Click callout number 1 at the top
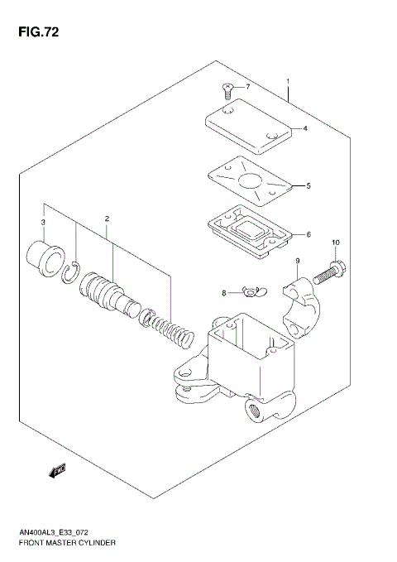coord(288,81)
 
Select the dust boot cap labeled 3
coord(45,255)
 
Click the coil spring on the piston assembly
coord(175,328)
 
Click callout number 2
coord(107,219)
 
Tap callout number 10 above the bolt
coord(335,243)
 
